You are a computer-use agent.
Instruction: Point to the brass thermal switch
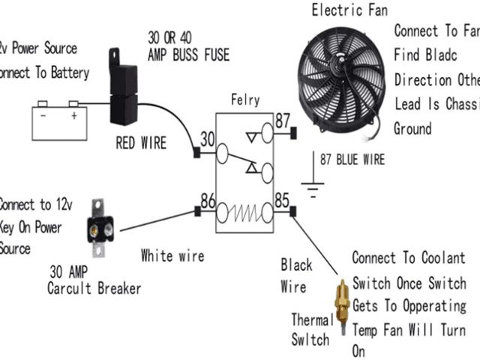(341, 304)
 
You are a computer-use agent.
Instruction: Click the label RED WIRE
(141, 142)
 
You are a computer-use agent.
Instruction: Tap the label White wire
(172, 256)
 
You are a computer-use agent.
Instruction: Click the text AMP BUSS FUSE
(188, 55)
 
